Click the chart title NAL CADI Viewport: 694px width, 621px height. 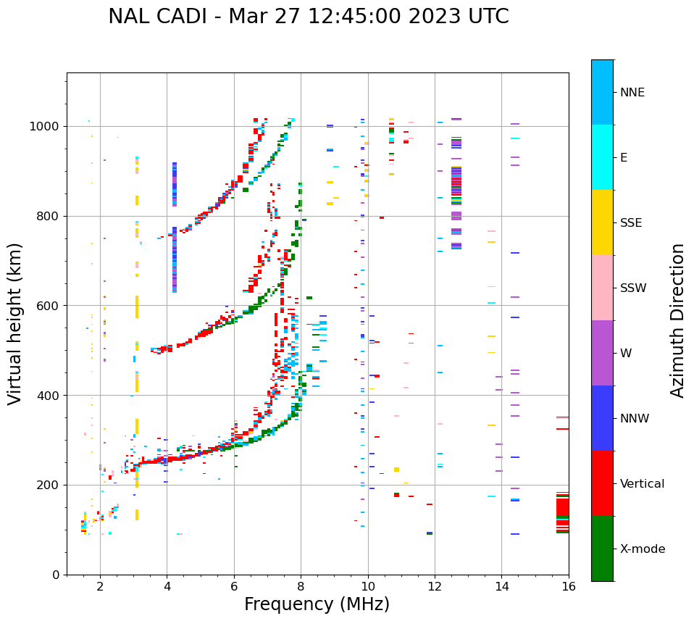tap(308, 17)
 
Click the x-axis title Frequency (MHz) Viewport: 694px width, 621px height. tap(317, 604)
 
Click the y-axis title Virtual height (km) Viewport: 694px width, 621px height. tap(15, 323)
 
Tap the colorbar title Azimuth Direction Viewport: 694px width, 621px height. tap(677, 320)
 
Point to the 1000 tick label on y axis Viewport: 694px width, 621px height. tap(46, 127)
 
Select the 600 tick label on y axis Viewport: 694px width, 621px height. tap(49, 306)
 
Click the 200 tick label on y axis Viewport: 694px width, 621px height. tap(49, 485)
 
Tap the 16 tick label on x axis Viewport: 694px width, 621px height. tap(569, 586)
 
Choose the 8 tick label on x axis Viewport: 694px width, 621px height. tap(301, 586)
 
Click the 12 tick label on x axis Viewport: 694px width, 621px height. tap(435, 586)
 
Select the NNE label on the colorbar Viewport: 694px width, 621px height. tap(632, 93)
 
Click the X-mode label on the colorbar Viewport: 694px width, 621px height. tap(643, 549)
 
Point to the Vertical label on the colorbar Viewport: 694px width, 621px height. tap(642, 484)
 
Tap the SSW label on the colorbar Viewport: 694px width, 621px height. tap(633, 288)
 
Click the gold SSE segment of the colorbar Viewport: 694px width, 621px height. tap(602, 222)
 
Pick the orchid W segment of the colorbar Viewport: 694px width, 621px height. tap(602, 353)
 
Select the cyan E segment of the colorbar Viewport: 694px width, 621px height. tap(602, 157)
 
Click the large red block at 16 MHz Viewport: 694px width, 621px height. tap(562, 507)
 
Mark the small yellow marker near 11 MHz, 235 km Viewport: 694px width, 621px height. tap(396, 470)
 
